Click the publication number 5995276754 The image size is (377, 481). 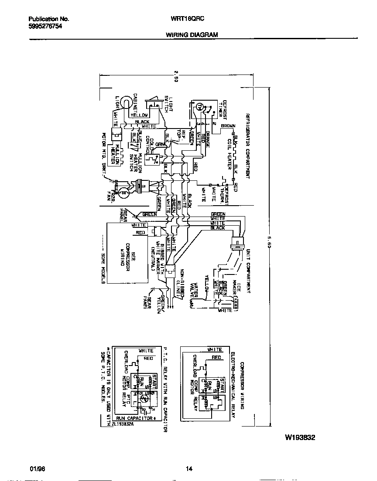(45, 26)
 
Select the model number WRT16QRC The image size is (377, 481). (191, 19)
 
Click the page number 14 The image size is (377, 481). (188, 469)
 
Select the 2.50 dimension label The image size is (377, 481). (176, 76)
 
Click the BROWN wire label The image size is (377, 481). (228, 126)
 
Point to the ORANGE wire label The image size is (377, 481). (208, 139)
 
